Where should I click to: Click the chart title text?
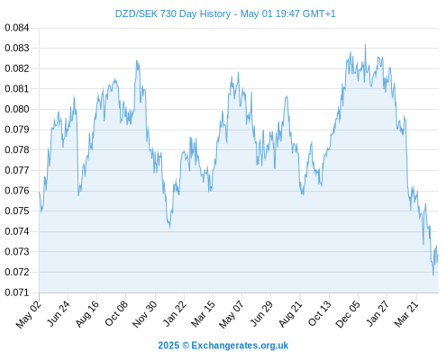(x=225, y=13)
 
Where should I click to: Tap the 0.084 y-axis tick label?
(x=17, y=28)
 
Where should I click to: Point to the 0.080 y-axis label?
(x=17, y=109)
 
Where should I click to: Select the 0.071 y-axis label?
(x=17, y=292)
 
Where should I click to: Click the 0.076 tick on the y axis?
(x=17, y=191)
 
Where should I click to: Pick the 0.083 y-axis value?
(x=17, y=48)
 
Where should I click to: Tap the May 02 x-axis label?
(x=29, y=314)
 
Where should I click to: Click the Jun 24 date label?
(x=59, y=313)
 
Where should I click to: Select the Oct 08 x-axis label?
(x=116, y=313)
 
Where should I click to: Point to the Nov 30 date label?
(x=145, y=314)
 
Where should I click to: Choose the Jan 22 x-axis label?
(x=175, y=313)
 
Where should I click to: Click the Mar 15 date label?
(x=203, y=314)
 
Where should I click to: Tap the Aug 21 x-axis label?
(x=290, y=314)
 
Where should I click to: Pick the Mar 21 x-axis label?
(x=406, y=314)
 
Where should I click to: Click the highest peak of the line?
(x=365, y=45)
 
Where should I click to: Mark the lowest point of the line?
(x=433, y=274)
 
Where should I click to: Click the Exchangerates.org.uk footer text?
(x=240, y=346)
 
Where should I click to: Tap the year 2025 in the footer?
(x=168, y=346)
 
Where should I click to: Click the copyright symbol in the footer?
(x=186, y=346)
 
